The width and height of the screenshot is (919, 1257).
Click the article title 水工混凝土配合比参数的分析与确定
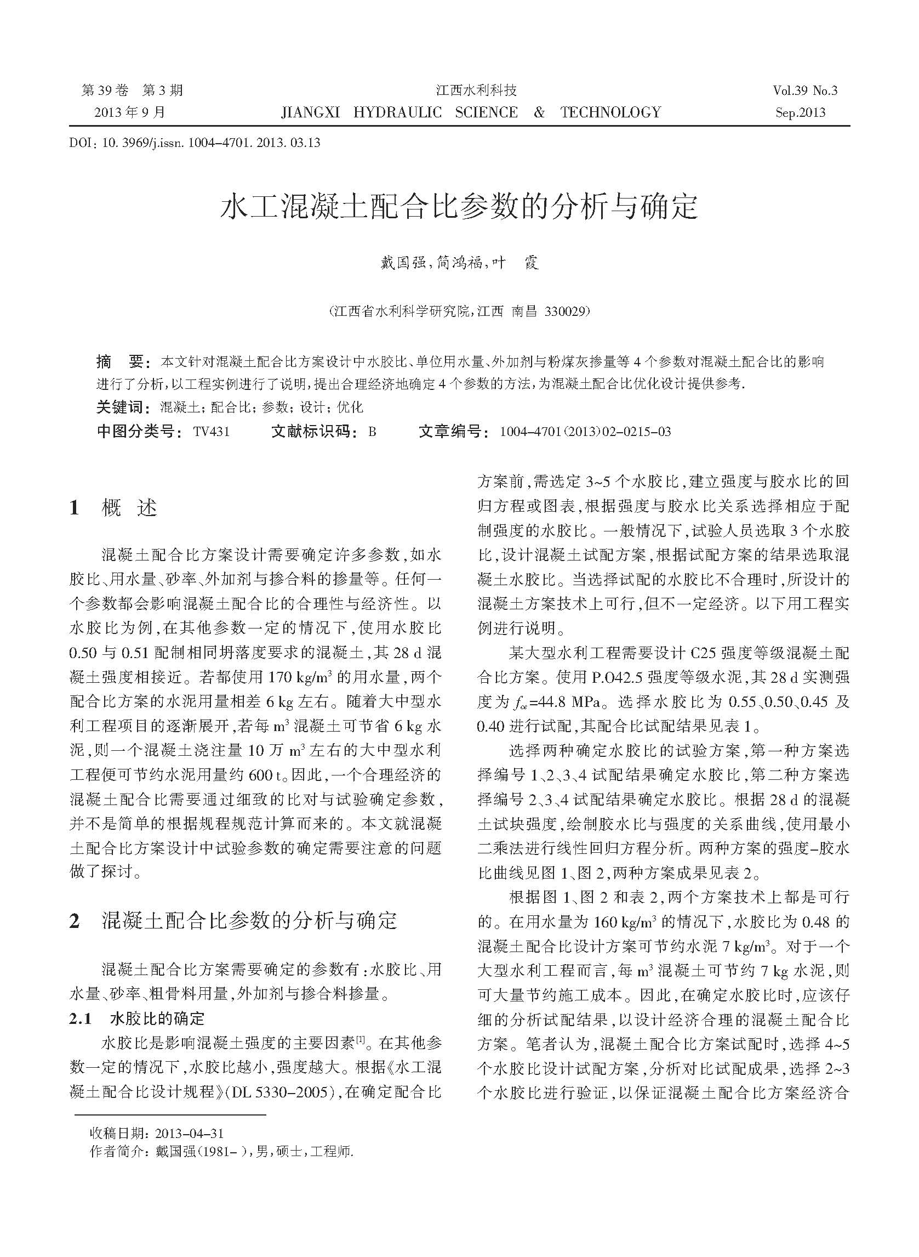tap(459, 207)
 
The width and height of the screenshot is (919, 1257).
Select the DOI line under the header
tap(195, 143)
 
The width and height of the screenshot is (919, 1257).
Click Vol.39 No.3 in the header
tap(804, 90)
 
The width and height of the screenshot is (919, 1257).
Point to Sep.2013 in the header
tap(801, 113)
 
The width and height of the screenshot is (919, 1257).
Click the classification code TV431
tap(211, 432)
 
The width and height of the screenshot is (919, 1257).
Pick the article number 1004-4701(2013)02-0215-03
tap(585, 432)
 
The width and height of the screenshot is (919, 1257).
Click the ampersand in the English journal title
tap(539, 112)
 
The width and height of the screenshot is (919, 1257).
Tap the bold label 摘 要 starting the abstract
tap(120, 362)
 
